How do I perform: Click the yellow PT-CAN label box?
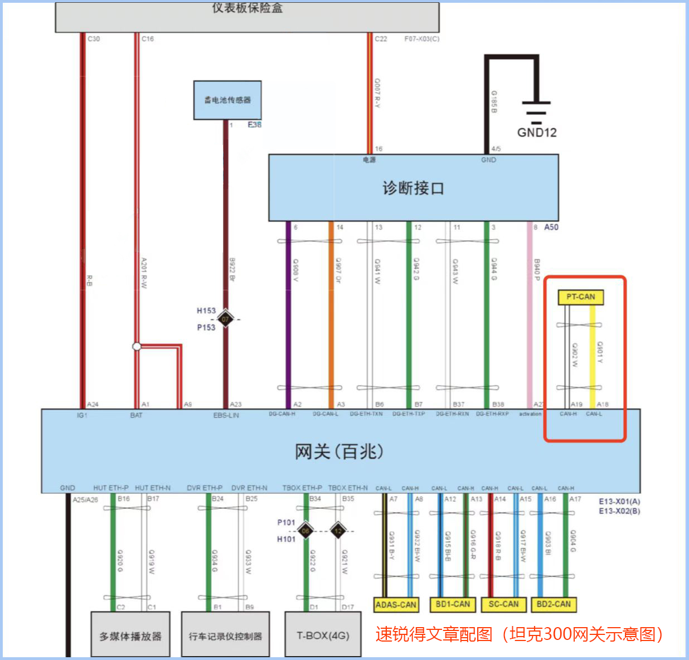(580, 297)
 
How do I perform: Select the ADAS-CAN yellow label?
(396, 604)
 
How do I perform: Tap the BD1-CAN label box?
(453, 604)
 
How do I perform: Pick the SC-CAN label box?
(503, 604)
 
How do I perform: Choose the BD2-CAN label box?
(554, 604)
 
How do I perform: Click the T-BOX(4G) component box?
(323, 635)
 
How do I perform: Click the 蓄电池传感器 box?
(227, 100)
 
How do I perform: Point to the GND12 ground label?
(537, 133)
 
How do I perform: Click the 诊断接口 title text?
(413, 188)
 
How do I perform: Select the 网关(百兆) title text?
(339, 451)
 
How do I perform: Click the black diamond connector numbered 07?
(225, 319)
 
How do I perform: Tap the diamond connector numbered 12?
(338, 531)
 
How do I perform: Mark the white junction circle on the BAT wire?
(137, 347)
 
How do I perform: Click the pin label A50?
(551, 227)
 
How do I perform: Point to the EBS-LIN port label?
(226, 415)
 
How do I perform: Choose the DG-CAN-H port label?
(282, 414)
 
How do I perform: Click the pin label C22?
(381, 39)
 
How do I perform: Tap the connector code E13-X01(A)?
(619, 502)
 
